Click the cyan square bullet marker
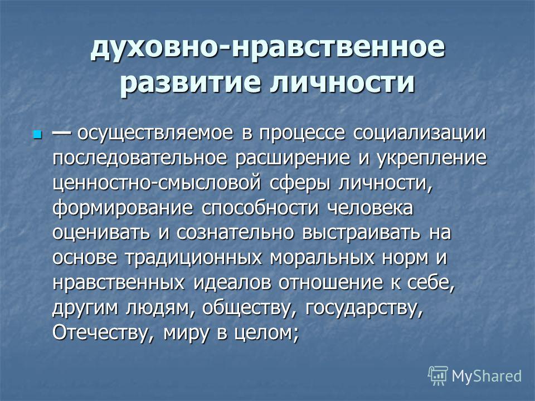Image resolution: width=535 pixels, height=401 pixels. pos(37,134)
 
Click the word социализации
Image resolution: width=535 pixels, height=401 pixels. pos(419,133)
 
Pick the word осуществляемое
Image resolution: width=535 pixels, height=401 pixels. pos(155,134)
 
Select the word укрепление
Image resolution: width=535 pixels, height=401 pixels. pos(431,159)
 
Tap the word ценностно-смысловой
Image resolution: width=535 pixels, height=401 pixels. pos(157,184)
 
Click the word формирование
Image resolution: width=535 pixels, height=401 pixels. pos(123,209)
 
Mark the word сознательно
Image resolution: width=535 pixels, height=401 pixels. pos(235,233)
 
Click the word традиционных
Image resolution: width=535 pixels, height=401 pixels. pos(193,258)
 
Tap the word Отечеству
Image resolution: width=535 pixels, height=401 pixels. pos(104,334)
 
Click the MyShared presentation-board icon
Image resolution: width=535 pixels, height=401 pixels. pos(438,375)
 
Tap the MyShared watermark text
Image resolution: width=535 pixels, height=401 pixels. pos(487,376)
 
